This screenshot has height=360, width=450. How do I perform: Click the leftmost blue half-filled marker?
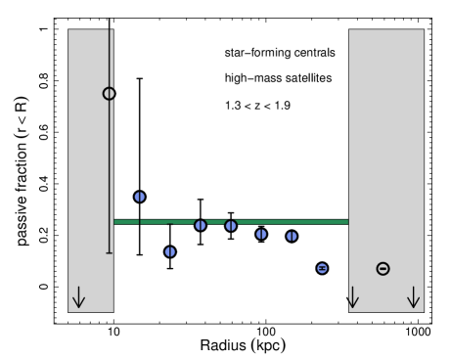[x=139, y=197]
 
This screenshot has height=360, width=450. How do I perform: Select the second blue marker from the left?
[x=170, y=251]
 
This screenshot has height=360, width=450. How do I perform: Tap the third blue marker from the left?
[x=201, y=225]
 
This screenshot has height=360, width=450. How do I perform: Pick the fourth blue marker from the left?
[x=231, y=225]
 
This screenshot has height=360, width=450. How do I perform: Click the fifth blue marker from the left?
[x=261, y=234]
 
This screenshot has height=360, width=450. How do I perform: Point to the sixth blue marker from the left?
[x=292, y=236]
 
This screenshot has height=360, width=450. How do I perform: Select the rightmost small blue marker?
[x=322, y=268]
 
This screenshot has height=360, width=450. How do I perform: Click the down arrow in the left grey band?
[x=78, y=297]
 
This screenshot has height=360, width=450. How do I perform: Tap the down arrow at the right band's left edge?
[x=352, y=297]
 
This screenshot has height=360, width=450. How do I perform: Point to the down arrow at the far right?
[x=413, y=297]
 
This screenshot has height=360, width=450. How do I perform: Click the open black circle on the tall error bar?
[x=109, y=94]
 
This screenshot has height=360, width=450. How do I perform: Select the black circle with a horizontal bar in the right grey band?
[x=382, y=268]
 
